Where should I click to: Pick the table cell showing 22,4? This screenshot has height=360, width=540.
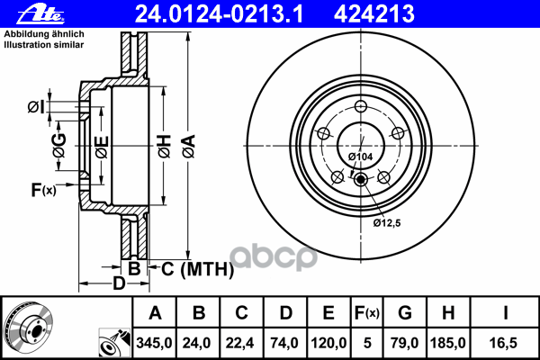[242, 342]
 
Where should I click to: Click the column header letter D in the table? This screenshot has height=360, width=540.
[285, 313]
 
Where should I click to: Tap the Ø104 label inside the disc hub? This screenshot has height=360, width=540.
[361, 157]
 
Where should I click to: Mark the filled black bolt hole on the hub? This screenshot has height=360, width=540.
[362, 180]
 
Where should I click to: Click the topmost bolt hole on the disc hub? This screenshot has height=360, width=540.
[362, 110]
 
